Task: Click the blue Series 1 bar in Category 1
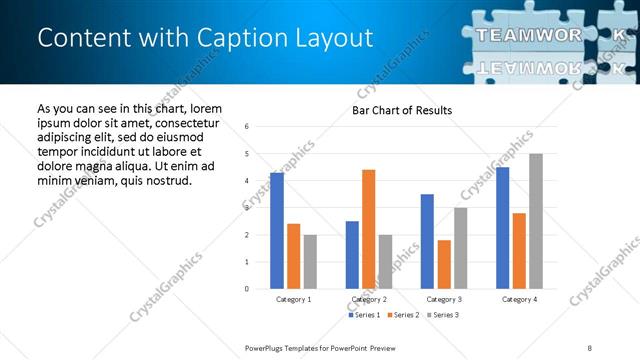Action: [x=277, y=231]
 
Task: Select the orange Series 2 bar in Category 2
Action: [x=368, y=229]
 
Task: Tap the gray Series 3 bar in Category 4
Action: [x=536, y=221]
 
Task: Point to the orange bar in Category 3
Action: [x=444, y=264]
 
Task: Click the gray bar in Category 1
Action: [x=311, y=262]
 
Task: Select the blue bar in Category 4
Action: [x=502, y=228]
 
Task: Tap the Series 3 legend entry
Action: [x=446, y=315]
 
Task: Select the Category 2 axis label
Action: [x=369, y=299]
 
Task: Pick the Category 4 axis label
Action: [x=519, y=299]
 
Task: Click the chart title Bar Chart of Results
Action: [x=402, y=110]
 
